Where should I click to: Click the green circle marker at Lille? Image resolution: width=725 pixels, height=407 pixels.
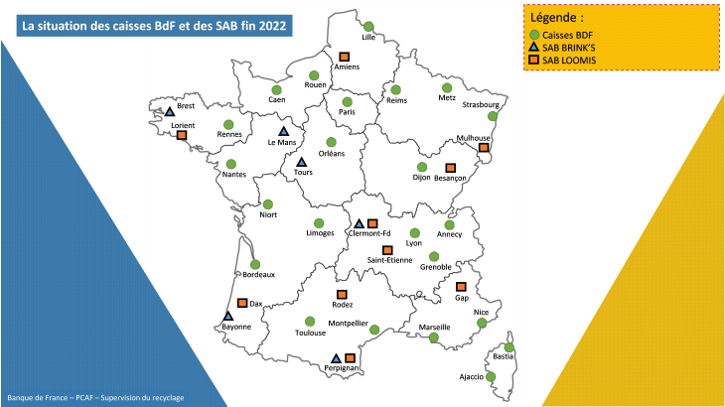tap(368, 26)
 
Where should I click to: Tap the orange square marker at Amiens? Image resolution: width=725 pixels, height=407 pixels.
tap(345, 57)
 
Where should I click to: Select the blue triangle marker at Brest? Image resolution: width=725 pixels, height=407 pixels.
tap(170, 112)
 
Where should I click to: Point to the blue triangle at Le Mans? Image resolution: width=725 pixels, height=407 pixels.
tap(283, 131)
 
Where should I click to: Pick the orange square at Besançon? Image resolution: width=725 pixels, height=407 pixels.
tap(449, 168)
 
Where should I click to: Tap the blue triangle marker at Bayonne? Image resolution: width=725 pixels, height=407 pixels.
tap(227, 316)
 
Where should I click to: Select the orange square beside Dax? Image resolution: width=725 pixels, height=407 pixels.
tap(241, 304)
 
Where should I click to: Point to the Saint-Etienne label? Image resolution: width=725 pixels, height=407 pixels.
tap(389, 260)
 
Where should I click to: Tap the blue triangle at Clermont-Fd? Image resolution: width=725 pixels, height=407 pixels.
tap(360, 223)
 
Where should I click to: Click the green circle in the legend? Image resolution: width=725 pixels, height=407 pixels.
tap(533, 35)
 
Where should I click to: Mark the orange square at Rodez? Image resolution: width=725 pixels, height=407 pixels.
tap(342, 295)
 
